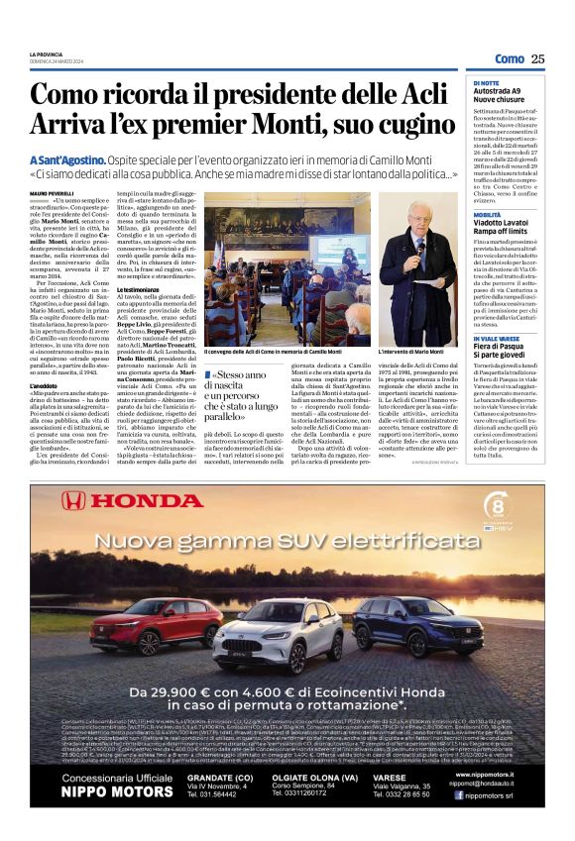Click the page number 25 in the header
537,59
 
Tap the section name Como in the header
510,59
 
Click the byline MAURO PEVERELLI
52,193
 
